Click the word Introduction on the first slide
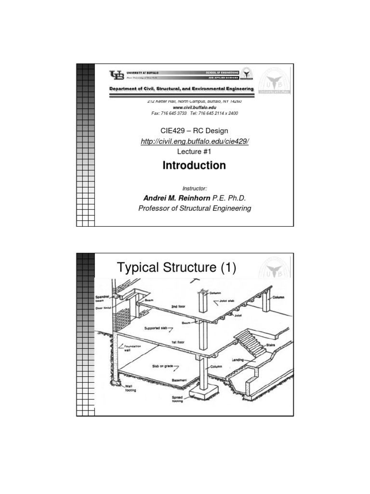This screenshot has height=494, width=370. click(x=194, y=165)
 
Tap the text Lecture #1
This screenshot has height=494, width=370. click(x=194, y=151)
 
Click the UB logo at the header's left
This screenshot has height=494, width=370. click(x=117, y=75)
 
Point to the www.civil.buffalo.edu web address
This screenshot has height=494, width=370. click(x=194, y=107)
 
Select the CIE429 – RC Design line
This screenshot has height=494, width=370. click(x=194, y=131)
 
